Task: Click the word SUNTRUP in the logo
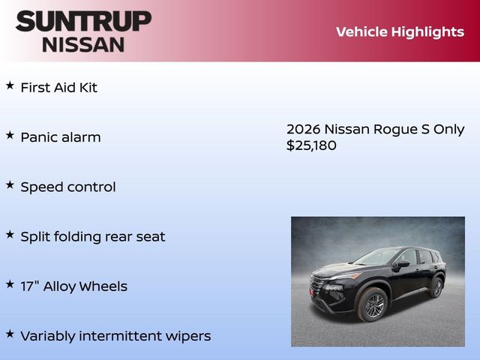(83, 21)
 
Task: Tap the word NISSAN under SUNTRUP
(83, 43)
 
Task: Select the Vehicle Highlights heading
(400, 31)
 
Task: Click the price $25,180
(311, 145)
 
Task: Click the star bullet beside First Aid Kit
(10, 85)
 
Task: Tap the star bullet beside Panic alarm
(10, 135)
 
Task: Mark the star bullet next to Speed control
(10, 184)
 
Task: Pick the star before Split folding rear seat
(10, 234)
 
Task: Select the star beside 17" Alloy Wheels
(10, 284)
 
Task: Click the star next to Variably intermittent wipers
(10, 334)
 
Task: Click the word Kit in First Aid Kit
(86, 87)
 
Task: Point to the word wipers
(190, 336)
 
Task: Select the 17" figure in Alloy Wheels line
(30, 286)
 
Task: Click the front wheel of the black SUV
(373, 304)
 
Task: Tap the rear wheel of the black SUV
(436, 286)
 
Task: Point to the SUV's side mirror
(402, 264)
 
